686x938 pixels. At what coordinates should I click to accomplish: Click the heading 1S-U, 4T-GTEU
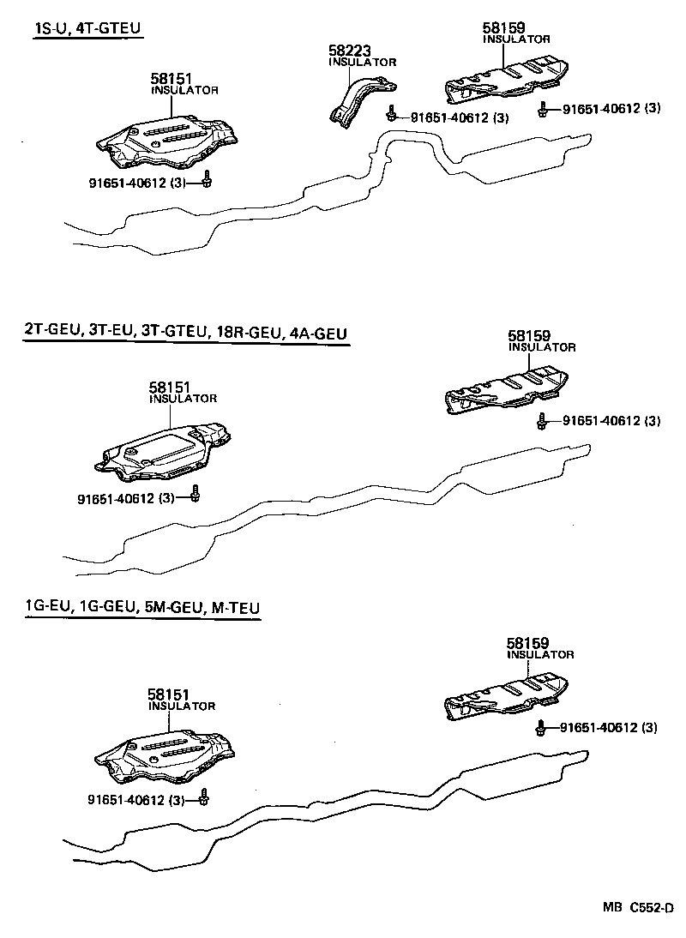point(87,29)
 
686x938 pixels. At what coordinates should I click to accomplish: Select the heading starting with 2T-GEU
point(187,333)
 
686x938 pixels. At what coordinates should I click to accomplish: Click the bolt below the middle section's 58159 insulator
point(543,422)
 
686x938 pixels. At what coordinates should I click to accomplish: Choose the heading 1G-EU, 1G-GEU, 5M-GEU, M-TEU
point(141,608)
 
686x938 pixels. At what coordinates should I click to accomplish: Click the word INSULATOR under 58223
point(363,63)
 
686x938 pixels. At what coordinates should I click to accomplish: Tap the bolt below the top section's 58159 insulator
point(543,110)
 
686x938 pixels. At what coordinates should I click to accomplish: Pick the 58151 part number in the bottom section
point(168,695)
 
